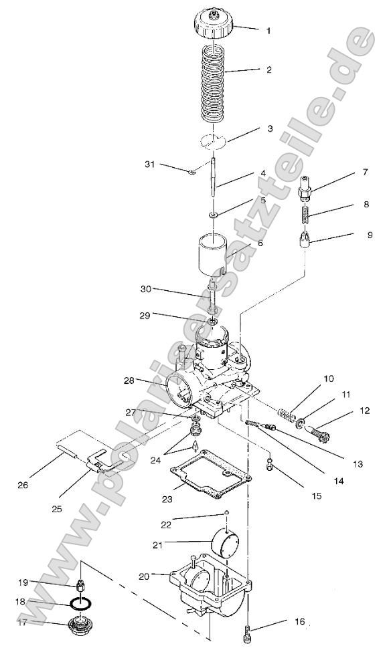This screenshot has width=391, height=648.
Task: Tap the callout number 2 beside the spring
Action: pyautogui.click(x=268, y=70)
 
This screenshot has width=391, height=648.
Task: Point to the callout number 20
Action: pyautogui.click(x=144, y=574)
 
